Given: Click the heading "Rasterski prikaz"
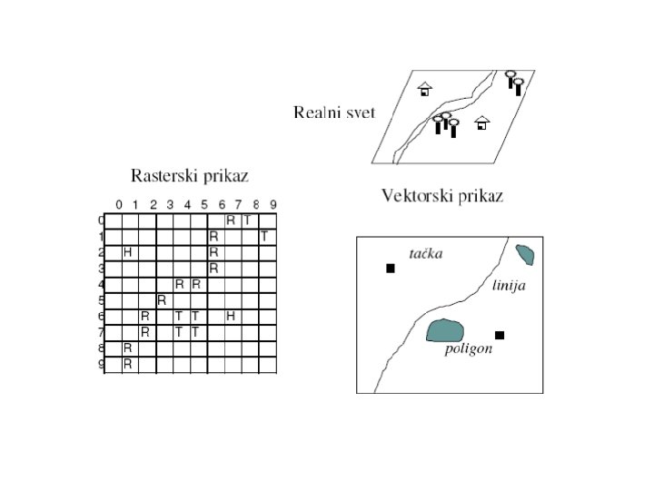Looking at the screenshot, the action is tap(190, 175).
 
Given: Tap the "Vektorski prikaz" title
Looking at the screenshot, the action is tap(441, 195).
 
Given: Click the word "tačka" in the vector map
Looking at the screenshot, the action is tap(425, 253).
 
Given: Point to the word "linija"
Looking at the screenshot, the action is tap(509, 286).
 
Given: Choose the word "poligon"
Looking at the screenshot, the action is tap(468, 349).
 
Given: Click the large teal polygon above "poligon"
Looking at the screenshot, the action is tap(444, 330).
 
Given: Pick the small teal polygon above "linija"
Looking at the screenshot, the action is tap(524, 254).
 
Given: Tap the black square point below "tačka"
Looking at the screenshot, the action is tap(391, 268).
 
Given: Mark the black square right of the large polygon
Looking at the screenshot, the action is tap(500, 335).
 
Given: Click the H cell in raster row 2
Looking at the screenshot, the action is tap(128, 252).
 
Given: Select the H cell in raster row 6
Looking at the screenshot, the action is tap(231, 315).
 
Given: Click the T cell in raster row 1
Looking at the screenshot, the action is tap(264, 236).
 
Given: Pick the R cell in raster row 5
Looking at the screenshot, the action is tap(162, 299).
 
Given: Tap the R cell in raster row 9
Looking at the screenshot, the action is tap(128, 364).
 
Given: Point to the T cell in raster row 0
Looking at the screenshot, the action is tap(247, 220).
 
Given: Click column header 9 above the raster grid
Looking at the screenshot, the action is tap(272, 204).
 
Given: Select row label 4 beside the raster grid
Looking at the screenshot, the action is tap(102, 284).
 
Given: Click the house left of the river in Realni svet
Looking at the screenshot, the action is tap(424, 89).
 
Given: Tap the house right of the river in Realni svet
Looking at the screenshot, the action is tap(482, 122).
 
